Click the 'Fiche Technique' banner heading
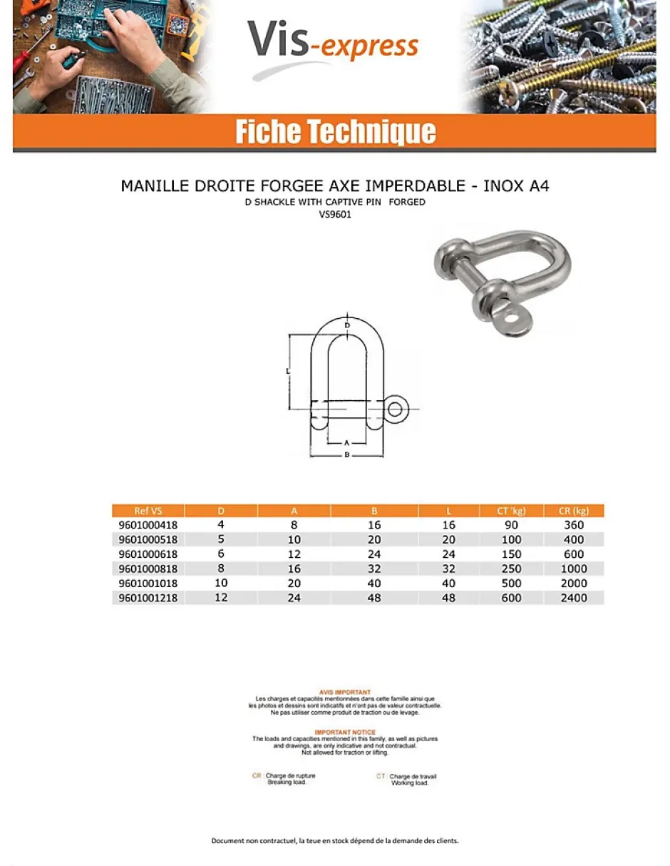tap(335, 133)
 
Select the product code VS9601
tap(335, 213)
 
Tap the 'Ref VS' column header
tap(148, 511)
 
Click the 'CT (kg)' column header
tap(511, 511)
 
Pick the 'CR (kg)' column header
tap(573, 511)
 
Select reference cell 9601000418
tap(148, 525)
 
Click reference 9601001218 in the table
tap(148, 598)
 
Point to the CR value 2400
tap(573, 598)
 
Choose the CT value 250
tap(511, 569)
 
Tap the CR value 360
tap(573, 525)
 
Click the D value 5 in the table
tap(221, 539)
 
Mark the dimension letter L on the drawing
tap(287, 371)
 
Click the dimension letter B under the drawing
tap(346, 455)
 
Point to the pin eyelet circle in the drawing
tap(396, 409)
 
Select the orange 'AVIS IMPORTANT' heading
tap(345, 692)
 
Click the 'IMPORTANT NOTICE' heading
tap(345, 733)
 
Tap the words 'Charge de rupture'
tap(290, 775)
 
